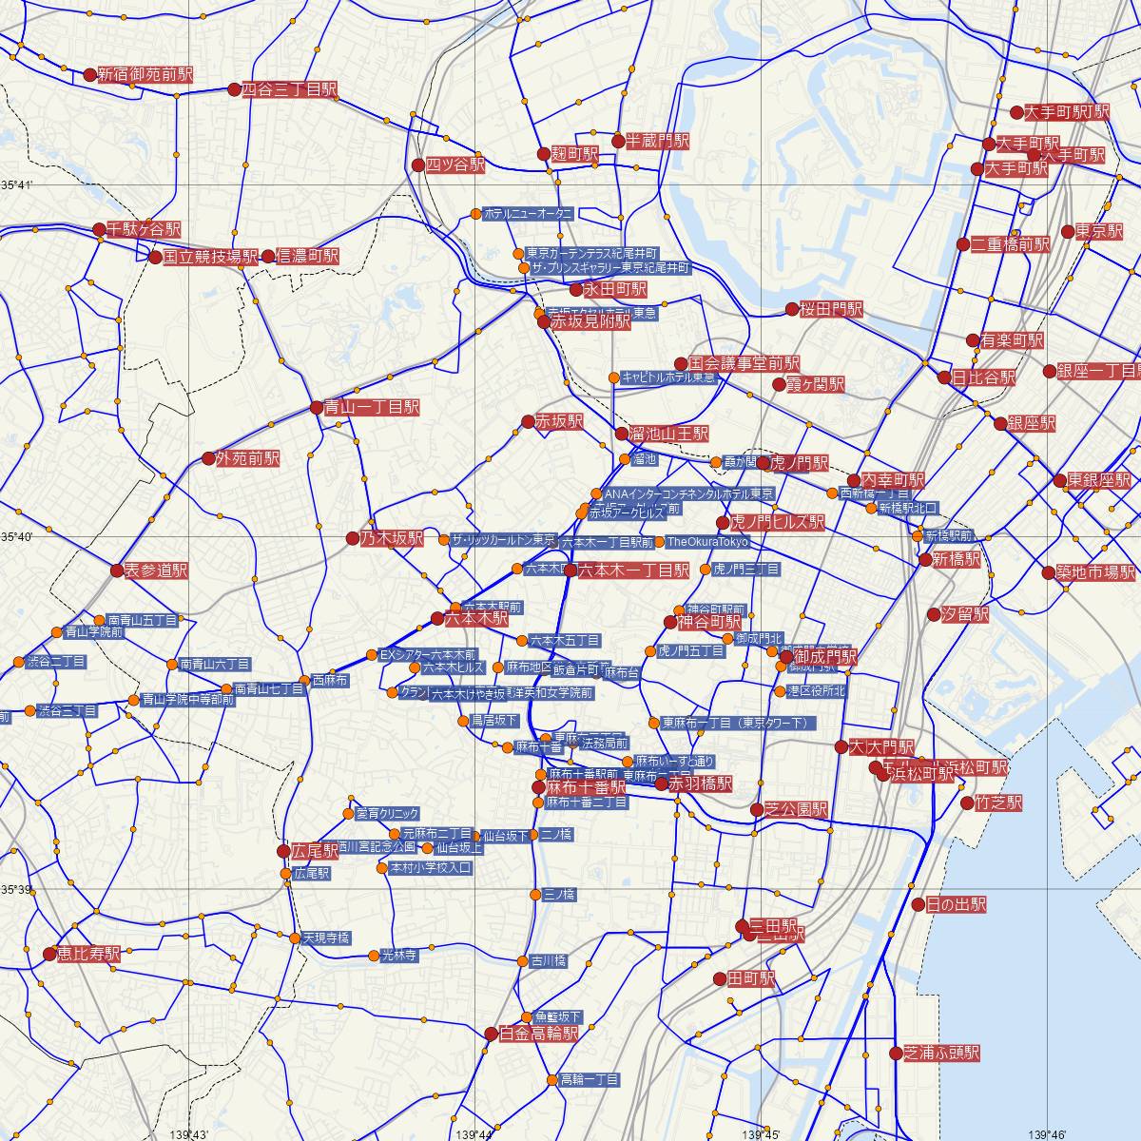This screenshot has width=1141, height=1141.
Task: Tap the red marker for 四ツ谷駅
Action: (x=418, y=164)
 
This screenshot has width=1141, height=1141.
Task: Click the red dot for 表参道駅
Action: (x=117, y=570)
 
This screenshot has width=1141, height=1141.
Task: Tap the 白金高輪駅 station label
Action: (x=538, y=1034)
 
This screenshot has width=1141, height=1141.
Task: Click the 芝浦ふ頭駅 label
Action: (x=941, y=1054)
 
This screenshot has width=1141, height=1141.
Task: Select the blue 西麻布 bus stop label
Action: (x=330, y=681)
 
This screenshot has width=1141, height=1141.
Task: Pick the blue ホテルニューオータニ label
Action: (x=528, y=214)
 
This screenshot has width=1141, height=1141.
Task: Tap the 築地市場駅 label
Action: (x=1095, y=572)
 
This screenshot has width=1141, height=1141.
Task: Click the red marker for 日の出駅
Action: (x=918, y=905)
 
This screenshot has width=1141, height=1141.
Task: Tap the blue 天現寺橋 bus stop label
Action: (x=326, y=938)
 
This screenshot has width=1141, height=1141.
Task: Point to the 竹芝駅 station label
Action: (x=998, y=803)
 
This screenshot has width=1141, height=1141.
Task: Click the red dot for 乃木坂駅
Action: (x=354, y=538)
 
